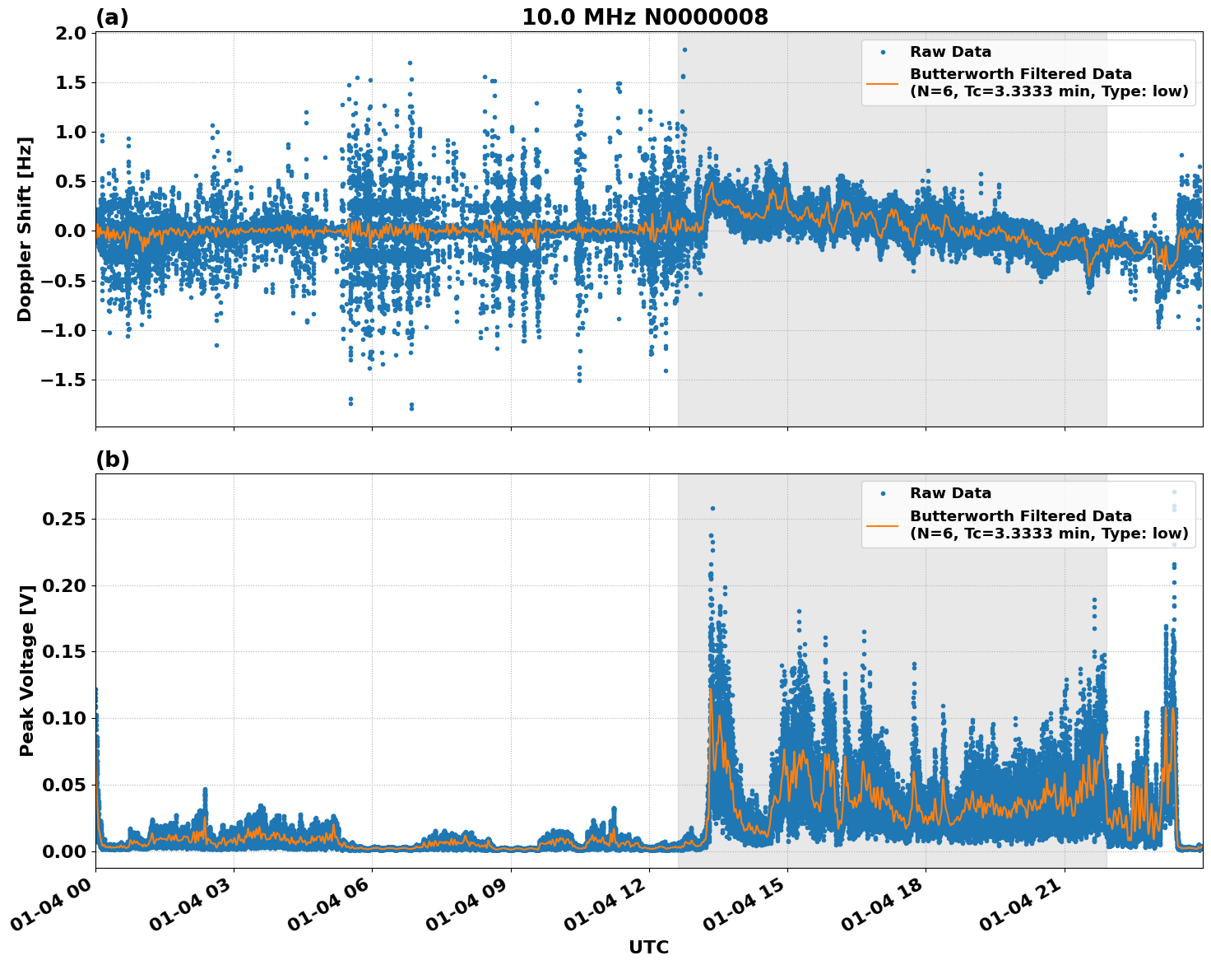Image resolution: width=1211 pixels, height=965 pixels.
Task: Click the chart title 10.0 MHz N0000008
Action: click(644, 17)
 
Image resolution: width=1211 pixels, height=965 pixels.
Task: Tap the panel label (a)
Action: click(112, 17)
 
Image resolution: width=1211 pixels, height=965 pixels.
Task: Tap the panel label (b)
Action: click(112, 459)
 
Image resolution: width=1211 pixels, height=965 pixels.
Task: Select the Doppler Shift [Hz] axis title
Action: click(25, 229)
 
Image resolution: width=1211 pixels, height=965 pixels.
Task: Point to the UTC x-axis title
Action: click(648, 947)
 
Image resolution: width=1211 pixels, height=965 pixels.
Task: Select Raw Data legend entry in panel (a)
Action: click(950, 52)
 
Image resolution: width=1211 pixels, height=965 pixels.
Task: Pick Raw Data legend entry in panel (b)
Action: click(950, 493)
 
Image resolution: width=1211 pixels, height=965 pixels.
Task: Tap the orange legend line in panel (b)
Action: click(883, 524)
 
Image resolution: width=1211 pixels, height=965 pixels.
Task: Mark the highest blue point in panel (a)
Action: click(684, 49)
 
